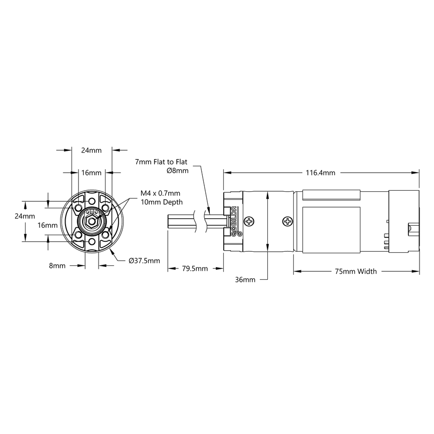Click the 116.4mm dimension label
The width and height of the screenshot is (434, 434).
[320, 173]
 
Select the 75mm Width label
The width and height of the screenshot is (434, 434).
[356, 272]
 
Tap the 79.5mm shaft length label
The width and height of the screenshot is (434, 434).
[195, 269]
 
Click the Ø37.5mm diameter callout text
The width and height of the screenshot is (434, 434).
[144, 261]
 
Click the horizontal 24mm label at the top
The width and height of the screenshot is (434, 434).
[91, 150]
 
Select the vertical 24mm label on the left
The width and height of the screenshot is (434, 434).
[24, 216]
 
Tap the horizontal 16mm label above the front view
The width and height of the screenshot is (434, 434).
[91, 173]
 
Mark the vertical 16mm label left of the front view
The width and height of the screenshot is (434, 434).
[48, 225]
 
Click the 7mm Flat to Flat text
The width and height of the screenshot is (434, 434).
[161, 162]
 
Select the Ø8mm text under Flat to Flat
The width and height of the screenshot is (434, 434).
[177, 171]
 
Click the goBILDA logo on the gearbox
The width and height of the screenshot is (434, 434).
[234, 221]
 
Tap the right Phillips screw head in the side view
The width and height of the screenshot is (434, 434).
[288, 220]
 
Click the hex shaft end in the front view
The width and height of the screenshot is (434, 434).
[91, 220]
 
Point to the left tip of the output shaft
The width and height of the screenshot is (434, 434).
[168, 221]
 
